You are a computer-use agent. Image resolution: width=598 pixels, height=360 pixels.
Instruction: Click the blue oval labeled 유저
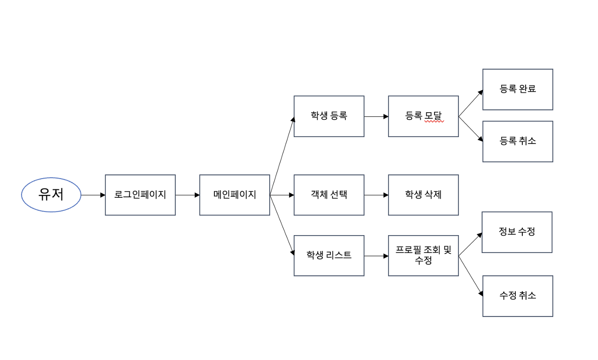point(51,195)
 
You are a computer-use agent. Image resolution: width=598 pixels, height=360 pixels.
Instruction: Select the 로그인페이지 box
point(140,195)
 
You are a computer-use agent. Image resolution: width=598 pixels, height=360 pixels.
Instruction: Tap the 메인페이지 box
point(235,195)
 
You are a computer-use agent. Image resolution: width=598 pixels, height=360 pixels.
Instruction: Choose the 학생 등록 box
point(329,116)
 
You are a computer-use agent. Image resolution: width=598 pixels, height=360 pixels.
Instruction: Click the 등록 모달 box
point(423,116)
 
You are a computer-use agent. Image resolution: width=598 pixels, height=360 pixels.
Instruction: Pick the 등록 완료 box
point(518,89)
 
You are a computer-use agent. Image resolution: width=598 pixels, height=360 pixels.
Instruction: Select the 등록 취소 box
point(518,141)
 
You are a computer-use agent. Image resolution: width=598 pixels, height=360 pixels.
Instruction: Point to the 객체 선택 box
point(329,195)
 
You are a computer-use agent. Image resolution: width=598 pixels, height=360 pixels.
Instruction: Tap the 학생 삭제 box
point(423,195)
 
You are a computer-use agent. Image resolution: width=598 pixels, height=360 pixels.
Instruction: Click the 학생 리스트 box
point(329,256)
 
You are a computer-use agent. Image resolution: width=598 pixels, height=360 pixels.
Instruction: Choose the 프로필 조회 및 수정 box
point(423,256)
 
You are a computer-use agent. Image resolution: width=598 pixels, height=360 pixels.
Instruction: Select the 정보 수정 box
point(517,232)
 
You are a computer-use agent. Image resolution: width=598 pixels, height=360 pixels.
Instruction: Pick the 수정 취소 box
point(518,296)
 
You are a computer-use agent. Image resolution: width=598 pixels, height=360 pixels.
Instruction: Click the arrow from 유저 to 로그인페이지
point(93,195)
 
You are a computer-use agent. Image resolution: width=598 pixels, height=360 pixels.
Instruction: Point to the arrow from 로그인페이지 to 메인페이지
point(187,195)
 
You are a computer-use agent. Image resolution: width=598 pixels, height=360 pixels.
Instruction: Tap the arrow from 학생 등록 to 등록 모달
point(376,116)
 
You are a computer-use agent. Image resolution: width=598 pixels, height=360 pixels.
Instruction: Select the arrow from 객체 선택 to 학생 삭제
point(376,195)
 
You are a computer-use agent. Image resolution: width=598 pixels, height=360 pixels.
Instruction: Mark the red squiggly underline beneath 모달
point(434,121)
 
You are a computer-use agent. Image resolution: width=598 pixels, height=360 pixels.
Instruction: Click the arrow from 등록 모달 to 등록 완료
point(470,103)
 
